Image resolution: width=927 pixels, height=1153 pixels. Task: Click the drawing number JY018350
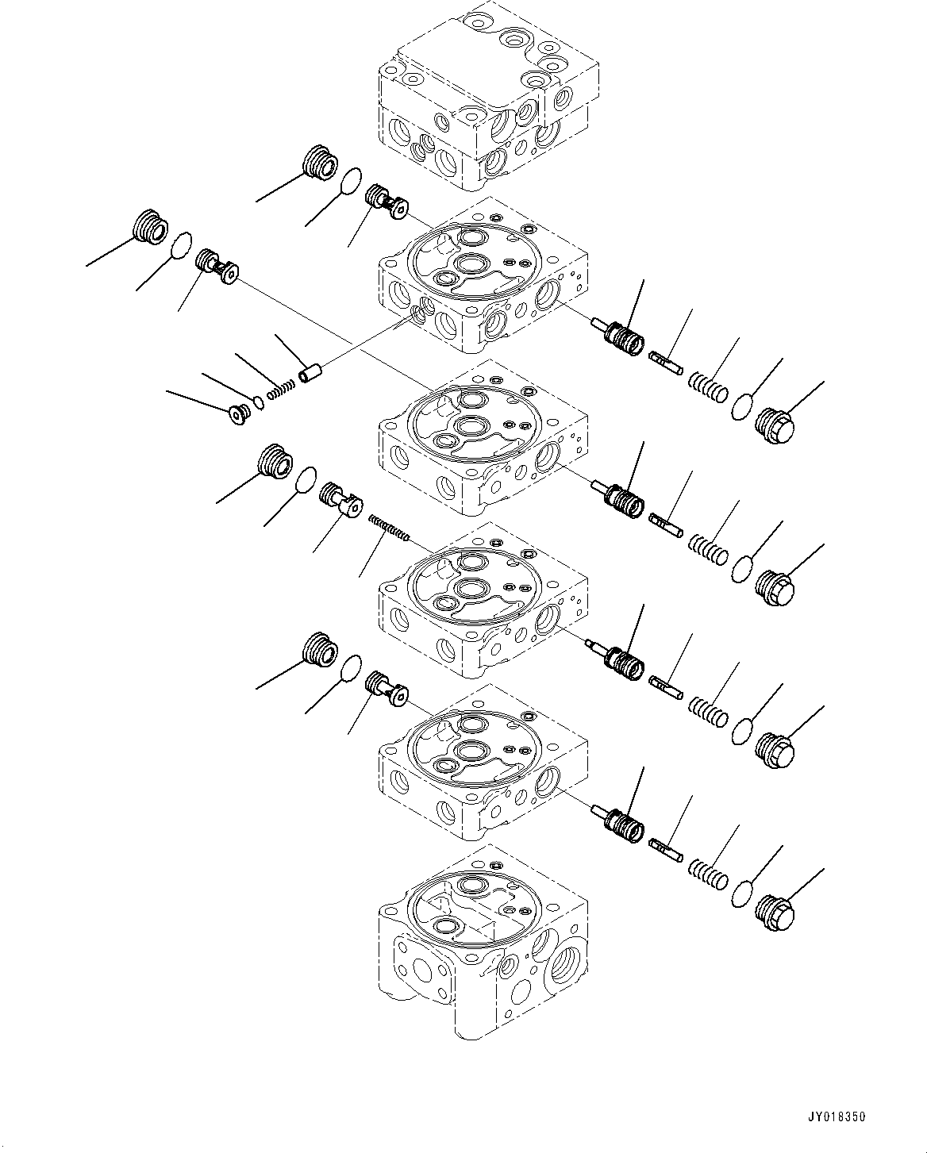(x=837, y=1116)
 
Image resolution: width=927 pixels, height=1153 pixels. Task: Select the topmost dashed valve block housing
(x=484, y=95)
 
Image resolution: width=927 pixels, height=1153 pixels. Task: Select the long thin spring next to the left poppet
(x=388, y=528)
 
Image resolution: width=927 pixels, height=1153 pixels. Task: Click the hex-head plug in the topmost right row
(x=775, y=427)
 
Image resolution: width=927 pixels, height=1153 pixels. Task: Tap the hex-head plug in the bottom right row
(x=775, y=913)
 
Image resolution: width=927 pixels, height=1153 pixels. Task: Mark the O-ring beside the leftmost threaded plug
(x=183, y=245)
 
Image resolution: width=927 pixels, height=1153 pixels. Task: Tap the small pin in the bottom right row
(x=665, y=848)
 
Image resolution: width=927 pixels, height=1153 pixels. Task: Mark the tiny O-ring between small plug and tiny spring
(x=259, y=402)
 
